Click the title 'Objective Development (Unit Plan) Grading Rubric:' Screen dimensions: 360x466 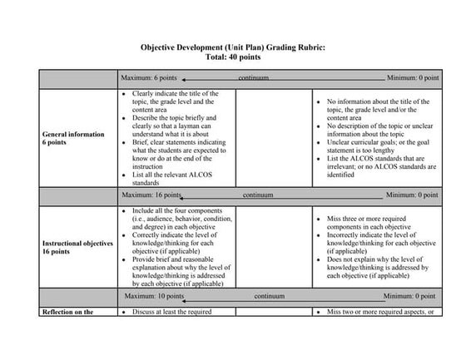pos(232,49)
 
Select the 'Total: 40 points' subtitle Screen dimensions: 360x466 pos(232,58)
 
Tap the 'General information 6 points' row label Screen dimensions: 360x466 pos(74,138)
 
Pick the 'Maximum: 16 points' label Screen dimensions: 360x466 pos(151,196)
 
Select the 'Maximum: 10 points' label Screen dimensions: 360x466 pos(154,295)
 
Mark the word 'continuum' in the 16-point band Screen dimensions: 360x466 pos(258,196)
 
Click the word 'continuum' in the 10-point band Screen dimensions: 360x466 pos(270,295)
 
